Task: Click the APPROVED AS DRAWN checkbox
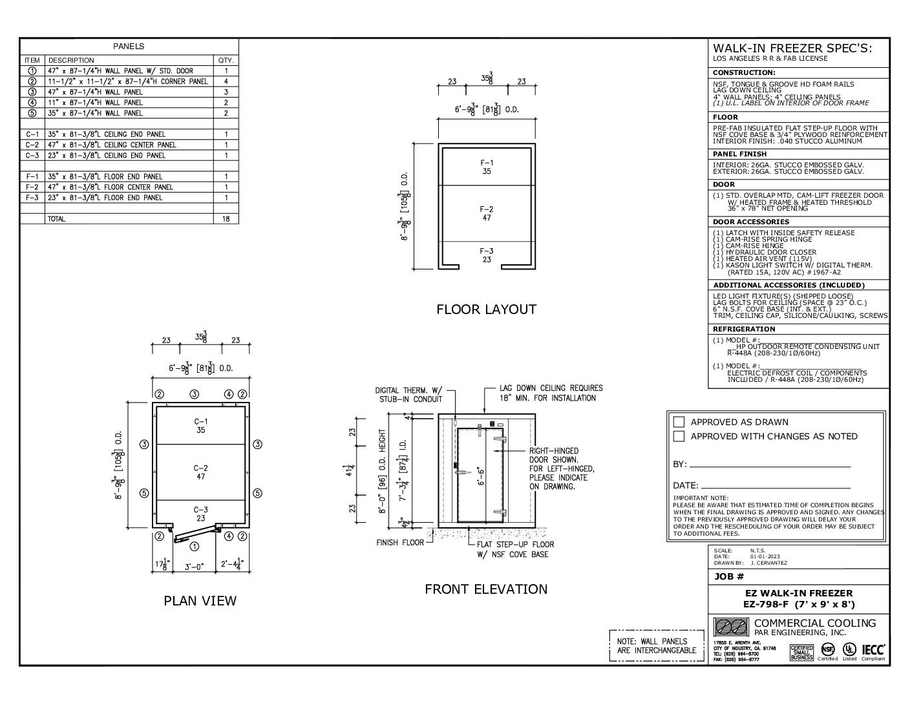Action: click(x=679, y=422)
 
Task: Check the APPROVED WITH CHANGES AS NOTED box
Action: click(x=679, y=436)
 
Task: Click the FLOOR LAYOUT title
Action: click(x=486, y=310)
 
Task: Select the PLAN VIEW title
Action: click(x=200, y=601)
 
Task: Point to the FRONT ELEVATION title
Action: click(x=486, y=589)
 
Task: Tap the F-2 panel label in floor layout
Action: click(x=487, y=213)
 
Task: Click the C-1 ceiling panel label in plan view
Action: click(x=200, y=425)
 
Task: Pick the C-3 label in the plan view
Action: click(x=200, y=514)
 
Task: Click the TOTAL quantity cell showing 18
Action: click(x=226, y=219)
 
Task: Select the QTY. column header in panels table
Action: click(x=226, y=60)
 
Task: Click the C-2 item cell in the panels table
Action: click(x=32, y=145)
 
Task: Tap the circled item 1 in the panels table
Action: click(x=32, y=71)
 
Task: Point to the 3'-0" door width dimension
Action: click(x=192, y=567)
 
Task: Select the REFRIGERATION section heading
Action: click(x=743, y=329)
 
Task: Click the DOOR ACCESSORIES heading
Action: click(x=751, y=222)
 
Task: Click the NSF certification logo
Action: click(x=827, y=649)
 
